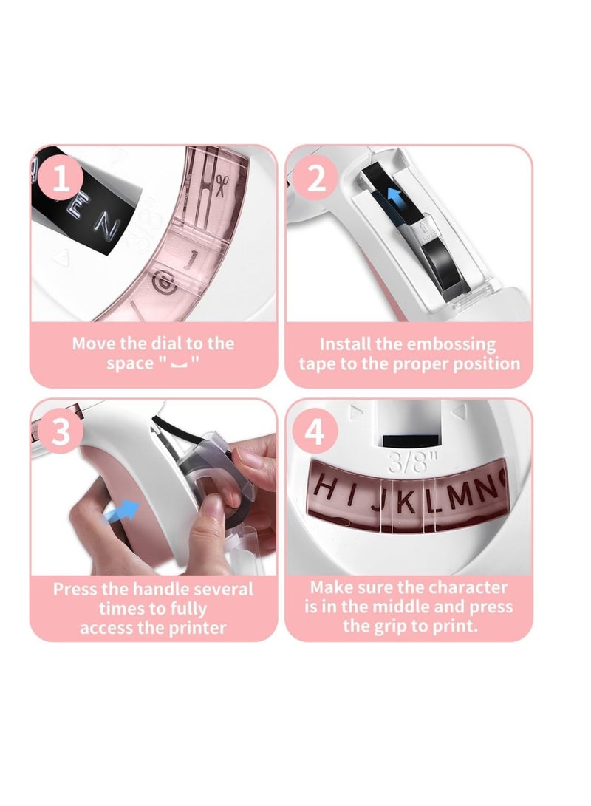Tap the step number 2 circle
[315, 180]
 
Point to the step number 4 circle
[315, 431]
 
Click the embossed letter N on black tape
[109, 230]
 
